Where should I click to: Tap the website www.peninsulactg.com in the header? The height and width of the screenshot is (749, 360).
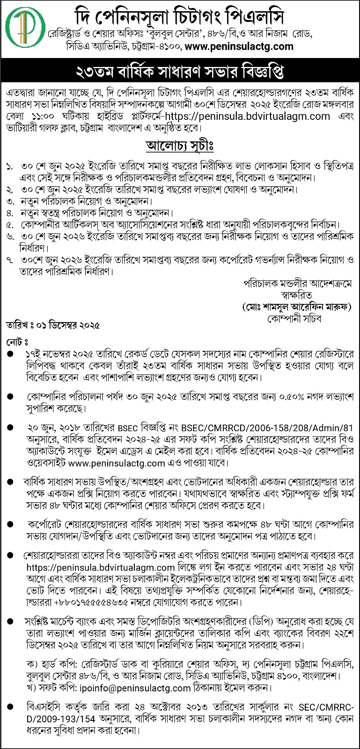click(x=239, y=46)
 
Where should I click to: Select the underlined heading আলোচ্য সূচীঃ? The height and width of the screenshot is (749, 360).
click(x=180, y=146)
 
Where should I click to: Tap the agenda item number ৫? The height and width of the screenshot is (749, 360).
click(x=10, y=225)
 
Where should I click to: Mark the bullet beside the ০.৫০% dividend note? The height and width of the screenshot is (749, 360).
click(x=10, y=397)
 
